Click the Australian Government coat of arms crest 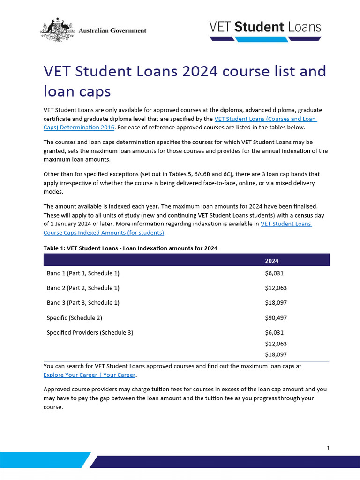(x=58, y=30)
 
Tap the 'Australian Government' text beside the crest (x=112, y=30)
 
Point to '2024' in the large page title (x=197, y=72)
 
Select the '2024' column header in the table (x=272, y=261)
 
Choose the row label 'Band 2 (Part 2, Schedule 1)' (x=83, y=288)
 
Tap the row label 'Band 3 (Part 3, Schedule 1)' (x=83, y=303)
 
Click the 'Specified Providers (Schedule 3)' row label (x=90, y=333)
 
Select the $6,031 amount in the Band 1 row (x=274, y=273)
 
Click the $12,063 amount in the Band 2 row (x=276, y=288)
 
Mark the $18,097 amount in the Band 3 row (x=276, y=303)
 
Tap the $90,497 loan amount (x=276, y=318)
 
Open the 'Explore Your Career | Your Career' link (x=90, y=375)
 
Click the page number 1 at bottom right (x=328, y=448)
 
